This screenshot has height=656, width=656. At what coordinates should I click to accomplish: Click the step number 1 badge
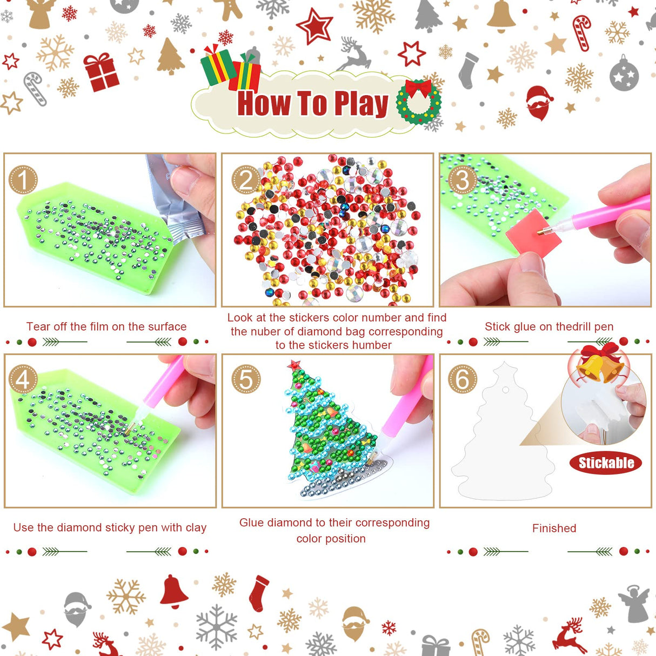tap(23, 179)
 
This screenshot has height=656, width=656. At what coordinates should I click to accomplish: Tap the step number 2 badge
tap(246, 179)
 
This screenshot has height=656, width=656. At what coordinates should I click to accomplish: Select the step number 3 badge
tap(463, 179)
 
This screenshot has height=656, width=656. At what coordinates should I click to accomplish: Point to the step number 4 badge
tap(23, 379)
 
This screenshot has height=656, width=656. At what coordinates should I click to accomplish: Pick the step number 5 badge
tap(246, 379)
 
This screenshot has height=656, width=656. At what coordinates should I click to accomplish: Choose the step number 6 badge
tap(463, 379)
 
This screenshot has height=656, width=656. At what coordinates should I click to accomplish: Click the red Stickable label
tap(606, 463)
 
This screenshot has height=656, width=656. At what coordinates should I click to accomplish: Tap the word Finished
tap(554, 528)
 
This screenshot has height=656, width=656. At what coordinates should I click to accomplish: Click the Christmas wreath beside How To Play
tap(418, 102)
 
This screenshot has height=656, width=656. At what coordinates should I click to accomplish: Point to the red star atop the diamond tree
tap(294, 365)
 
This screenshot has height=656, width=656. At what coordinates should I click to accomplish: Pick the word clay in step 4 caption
tap(196, 527)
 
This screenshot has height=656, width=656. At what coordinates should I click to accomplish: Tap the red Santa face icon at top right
tap(539, 102)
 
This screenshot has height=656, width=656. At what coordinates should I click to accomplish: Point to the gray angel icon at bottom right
tap(635, 603)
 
